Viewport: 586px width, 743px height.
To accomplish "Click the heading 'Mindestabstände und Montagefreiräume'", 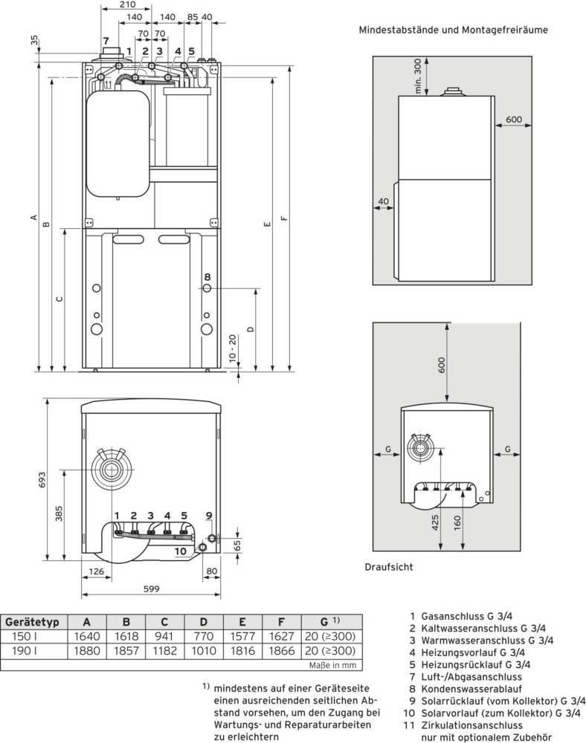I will (453, 30).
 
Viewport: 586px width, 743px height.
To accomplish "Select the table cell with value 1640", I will (88, 637).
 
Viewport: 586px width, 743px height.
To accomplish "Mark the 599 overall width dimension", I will (151, 590).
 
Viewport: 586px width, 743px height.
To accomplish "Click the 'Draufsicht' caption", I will (389, 566).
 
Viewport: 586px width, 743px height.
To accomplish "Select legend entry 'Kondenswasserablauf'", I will (463, 688).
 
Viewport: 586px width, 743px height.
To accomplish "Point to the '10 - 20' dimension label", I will (234, 347).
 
